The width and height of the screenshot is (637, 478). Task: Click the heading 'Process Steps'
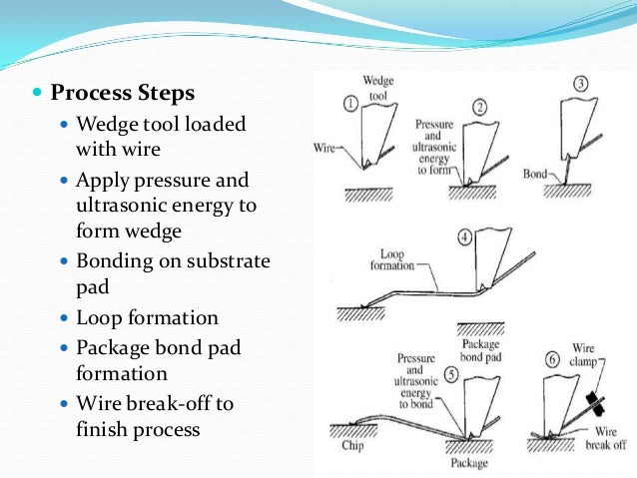point(122,94)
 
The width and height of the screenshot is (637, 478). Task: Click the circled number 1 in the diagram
point(350,102)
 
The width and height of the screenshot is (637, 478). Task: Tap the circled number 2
point(479,107)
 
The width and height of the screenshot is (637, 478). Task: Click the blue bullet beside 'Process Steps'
point(38,95)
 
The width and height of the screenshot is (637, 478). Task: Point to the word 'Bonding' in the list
point(111,261)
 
